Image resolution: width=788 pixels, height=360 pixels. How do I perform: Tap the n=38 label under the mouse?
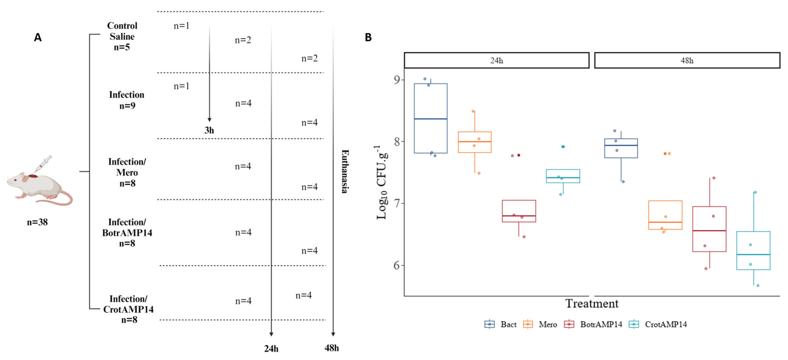coord(37,222)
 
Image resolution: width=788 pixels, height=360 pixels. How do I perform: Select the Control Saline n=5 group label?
coord(122,36)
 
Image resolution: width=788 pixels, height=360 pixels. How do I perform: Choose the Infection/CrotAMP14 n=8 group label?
coord(128,309)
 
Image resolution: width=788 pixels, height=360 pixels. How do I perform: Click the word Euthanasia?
coord(345,171)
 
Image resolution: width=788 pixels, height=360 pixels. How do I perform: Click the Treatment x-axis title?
coord(592,304)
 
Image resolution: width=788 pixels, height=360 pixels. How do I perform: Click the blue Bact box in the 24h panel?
coord(430,118)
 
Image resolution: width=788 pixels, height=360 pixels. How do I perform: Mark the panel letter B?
coord(368,37)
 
